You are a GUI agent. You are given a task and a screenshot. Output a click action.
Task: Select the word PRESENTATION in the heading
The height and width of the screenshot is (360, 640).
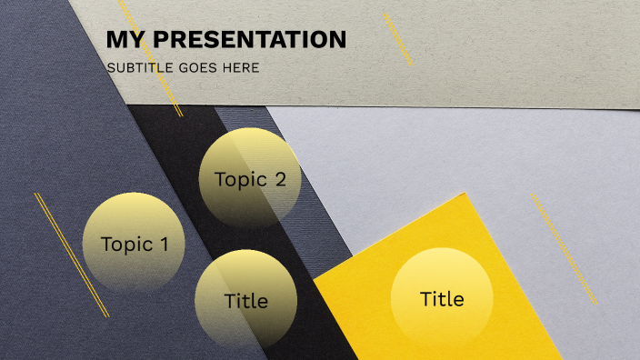pyautogui.click(x=249, y=40)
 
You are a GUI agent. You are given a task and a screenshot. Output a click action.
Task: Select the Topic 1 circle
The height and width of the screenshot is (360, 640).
pyautogui.click(x=133, y=243)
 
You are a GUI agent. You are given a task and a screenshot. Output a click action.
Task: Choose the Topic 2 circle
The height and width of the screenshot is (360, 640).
pyautogui.click(x=250, y=177)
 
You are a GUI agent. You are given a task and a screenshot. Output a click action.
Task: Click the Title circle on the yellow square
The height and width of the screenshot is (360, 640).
pyautogui.click(x=442, y=298)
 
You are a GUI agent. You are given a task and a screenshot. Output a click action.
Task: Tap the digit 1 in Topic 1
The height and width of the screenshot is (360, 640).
pyautogui.click(x=164, y=244)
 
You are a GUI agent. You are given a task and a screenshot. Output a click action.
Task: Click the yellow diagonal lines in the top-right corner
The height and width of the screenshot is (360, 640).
pyautogui.click(x=397, y=38)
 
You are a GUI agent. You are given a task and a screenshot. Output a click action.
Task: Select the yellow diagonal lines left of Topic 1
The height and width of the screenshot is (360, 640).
pyautogui.click(x=71, y=255)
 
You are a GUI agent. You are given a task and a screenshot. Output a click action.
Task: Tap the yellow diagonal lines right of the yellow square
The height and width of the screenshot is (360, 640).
pyautogui.click(x=565, y=248)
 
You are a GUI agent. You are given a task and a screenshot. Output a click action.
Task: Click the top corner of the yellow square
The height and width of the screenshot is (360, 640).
pyautogui.click(x=465, y=195)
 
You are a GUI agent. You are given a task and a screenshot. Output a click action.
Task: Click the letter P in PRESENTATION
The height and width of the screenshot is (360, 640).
pyautogui.click(x=161, y=40)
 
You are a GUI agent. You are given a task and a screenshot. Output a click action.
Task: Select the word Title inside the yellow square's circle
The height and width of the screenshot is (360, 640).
pyautogui.click(x=442, y=298)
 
